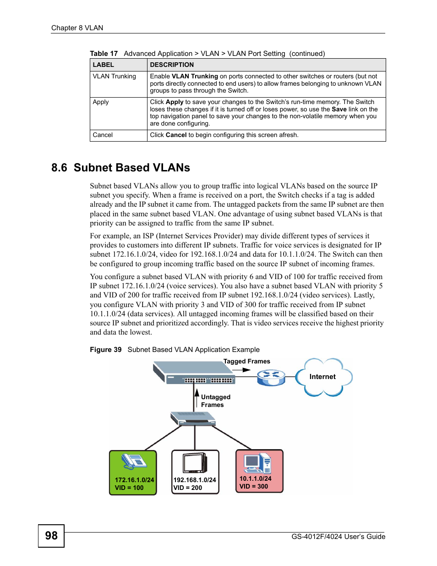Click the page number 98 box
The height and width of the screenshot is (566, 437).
click(51, 536)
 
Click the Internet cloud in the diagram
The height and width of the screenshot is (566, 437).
click(323, 377)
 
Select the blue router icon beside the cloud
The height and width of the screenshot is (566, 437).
click(271, 377)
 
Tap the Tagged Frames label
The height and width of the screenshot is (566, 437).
click(246, 361)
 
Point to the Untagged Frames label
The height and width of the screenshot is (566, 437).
click(215, 401)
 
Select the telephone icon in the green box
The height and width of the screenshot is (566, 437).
click(133, 462)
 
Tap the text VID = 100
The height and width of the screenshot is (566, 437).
click(129, 488)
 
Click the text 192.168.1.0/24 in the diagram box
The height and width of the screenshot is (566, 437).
click(195, 480)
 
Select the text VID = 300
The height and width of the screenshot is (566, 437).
click(253, 486)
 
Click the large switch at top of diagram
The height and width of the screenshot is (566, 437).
click(194, 372)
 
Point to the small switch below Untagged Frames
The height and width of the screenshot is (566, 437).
click(193, 418)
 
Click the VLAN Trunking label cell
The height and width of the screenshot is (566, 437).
click(115, 77)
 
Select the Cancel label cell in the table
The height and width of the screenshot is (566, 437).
click(103, 135)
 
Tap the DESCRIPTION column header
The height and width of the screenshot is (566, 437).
click(172, 65)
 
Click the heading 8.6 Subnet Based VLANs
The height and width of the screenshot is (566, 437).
click(120, 168)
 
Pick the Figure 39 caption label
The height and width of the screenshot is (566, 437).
click(106, 349)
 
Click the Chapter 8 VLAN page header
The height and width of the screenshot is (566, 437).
click(77, 27)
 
